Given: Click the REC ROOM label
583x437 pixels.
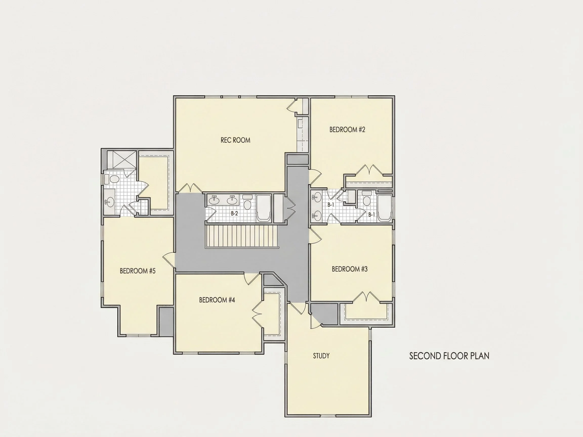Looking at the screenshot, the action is [x=235, y=140].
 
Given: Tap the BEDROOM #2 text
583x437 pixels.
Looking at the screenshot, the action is [x=347, y=129].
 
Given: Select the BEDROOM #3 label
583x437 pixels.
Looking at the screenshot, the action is [x=349, y=269].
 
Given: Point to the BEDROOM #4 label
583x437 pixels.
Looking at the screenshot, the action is [x=217, y=300].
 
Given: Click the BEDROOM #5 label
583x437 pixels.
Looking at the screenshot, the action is [x=138, y=271].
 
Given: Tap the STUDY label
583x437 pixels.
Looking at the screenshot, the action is [x=321, y=356].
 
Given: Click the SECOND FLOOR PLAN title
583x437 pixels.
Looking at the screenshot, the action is [x=449, y=356].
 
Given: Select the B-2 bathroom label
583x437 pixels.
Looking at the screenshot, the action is [x=234, y=213].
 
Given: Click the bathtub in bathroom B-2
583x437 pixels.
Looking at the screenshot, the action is [x=264, y=208].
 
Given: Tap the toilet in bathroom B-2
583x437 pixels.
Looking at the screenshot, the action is [x=247, y=202].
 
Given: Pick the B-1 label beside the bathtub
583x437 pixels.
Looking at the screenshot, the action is [x=371, y=215].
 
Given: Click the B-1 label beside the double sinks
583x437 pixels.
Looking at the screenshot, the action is [x=331, y=205].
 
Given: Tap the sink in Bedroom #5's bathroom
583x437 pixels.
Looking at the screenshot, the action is [x=109, y=202].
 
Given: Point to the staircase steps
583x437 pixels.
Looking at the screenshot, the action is [x=242, y=236].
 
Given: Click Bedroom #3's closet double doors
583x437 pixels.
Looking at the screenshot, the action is [x=366, y=297].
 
